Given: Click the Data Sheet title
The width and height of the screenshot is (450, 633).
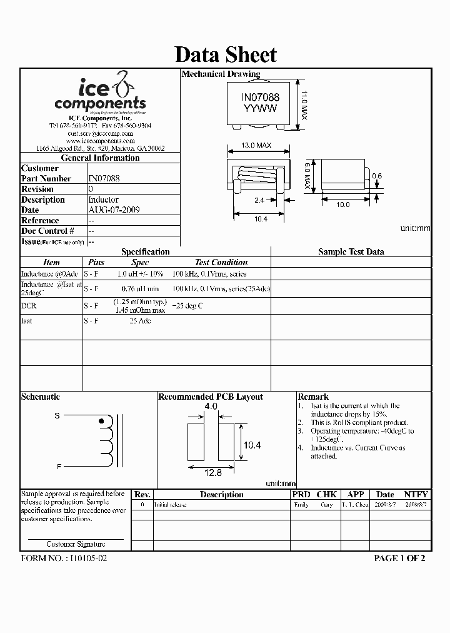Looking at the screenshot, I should (225, 54).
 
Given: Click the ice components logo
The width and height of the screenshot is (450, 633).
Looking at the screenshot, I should (100, 94).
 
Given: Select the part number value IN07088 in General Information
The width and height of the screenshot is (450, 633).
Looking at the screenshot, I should (104, 178).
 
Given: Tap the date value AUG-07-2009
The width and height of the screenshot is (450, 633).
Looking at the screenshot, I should (114, 210).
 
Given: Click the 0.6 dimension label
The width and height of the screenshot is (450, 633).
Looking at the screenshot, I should (376, 177).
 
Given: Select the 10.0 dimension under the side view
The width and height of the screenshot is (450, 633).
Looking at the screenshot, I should (343, 205).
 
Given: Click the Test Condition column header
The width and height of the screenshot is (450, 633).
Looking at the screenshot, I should (221, 263).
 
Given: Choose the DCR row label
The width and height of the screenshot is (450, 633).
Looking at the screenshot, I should (29, 306).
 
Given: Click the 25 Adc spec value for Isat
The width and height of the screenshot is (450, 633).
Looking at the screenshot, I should (140, 321).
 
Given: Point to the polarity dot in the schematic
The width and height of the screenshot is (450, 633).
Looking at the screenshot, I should (102, 422).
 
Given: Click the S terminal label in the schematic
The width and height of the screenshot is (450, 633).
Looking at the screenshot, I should (57, 416).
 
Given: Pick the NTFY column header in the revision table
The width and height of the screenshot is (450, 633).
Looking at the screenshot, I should (416, 494).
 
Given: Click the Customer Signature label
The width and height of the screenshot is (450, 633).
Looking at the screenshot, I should (76, 544).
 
